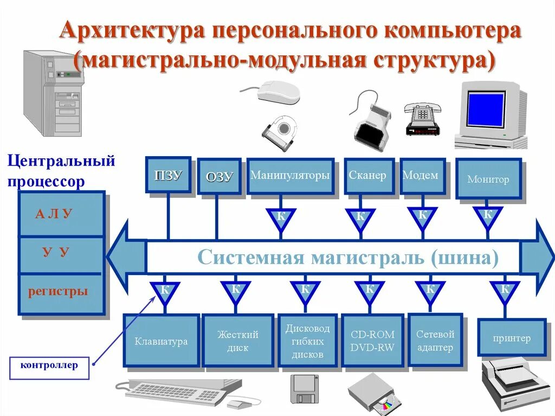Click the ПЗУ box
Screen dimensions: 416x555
click(168, 175)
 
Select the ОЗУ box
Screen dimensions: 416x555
click(219, 176)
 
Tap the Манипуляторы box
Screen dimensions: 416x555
click(290, 176)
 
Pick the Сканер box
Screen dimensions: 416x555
click(367, 176)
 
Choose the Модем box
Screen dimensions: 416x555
click(422, 176)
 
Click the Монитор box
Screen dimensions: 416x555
click(488, 180)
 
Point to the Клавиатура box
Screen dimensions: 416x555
click(161, 341)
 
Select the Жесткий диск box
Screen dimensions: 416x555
click(237, 341)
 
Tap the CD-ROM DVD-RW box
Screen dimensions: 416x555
click(372, 341)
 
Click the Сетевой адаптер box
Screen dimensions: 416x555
click(435, 341)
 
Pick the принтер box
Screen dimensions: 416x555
click(512, 338)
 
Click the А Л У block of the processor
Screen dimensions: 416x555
click(61, 214)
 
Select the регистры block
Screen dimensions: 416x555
click(61, 292)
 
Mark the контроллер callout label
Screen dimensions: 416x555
click(49, 366)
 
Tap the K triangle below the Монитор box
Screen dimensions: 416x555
click(488, 216)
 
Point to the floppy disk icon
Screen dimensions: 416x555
click(304, 389)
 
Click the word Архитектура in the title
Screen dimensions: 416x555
click(133, 31)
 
